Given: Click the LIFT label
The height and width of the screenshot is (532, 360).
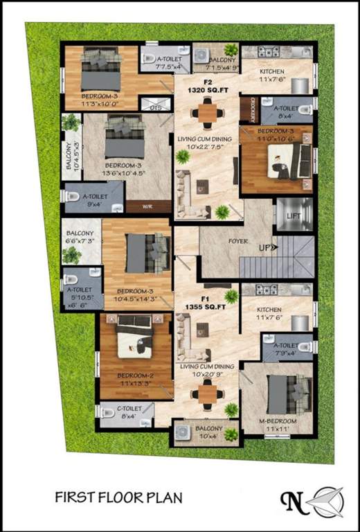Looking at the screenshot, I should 294,218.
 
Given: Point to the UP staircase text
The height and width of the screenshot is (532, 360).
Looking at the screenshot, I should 267,246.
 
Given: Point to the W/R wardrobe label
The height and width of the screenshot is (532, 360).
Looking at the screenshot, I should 147,206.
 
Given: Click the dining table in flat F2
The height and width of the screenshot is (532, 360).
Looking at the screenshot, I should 207,111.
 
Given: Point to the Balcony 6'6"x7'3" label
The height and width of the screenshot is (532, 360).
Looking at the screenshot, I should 80,238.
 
